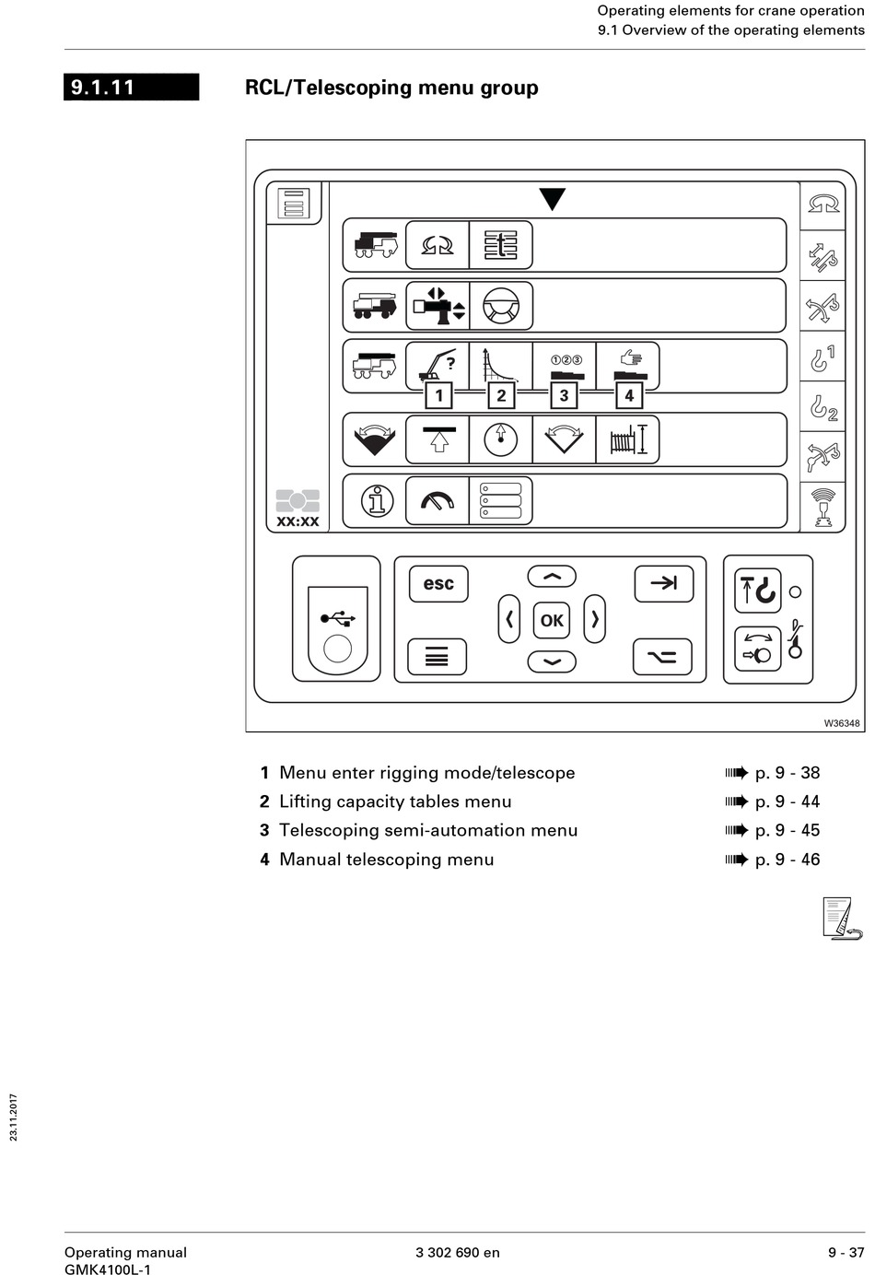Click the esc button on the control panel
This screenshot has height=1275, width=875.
point(438,584)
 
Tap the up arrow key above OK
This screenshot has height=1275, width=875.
point(552,577)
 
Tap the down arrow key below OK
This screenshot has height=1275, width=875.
point(552,661)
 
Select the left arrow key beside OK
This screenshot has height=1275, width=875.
point(509,619)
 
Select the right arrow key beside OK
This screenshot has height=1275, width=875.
point(595,619)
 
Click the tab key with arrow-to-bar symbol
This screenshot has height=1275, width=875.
point(663,583)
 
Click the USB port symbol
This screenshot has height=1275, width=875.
point(337,618)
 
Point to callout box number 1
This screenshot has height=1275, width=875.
point(438,395)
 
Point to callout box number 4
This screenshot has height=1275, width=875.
point(629,395)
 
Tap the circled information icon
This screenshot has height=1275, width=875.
point(377,501)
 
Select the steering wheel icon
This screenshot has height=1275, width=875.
point(501,305)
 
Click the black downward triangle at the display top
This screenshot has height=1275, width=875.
point(552,199)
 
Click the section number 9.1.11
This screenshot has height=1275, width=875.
point(103,88)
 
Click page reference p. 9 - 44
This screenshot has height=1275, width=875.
point(787,801)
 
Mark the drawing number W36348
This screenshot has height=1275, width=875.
point(842,723)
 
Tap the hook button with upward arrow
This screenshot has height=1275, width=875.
point(757,591)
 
